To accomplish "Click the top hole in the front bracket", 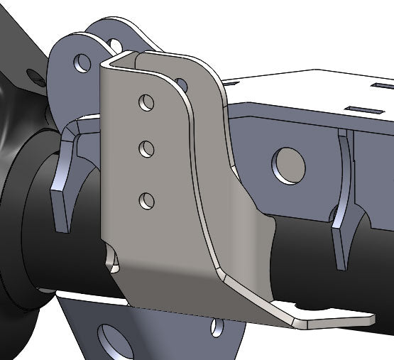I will pyautogui.click(x=147, y=102).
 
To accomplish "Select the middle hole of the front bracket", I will pyautogui.click(x=147, y=149).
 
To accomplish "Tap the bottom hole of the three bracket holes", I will pyautogui.click(x=147, y=200).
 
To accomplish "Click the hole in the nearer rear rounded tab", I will pyautogui.click(x=81, y=62).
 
